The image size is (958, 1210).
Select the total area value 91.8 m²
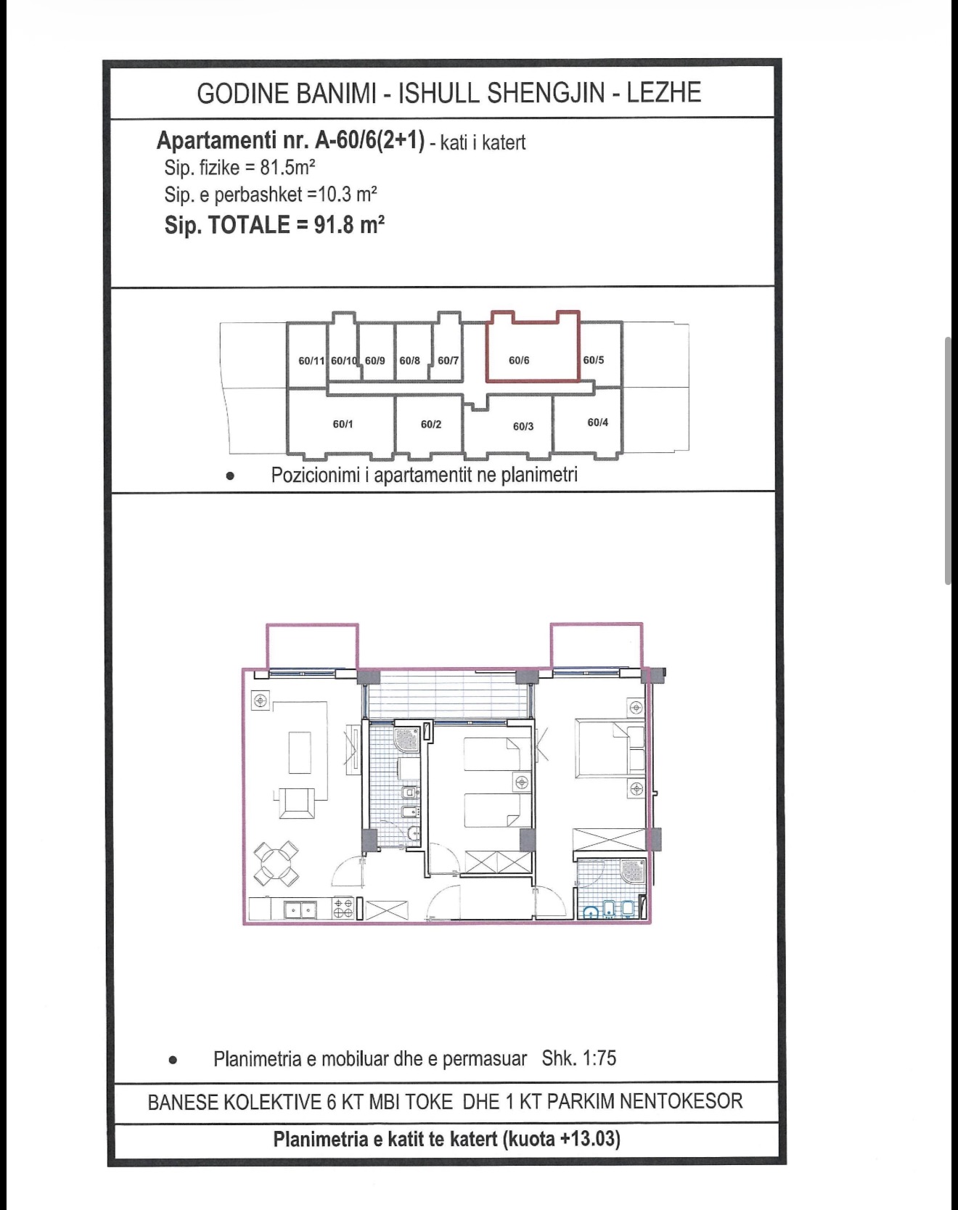coord(349,224)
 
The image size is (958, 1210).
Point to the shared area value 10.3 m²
coord(348,195)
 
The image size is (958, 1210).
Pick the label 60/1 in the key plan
coord(343,424)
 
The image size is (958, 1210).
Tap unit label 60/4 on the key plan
coord(598,422)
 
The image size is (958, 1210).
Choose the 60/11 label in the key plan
coord(311,361)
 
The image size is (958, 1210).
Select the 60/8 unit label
coord(409,361)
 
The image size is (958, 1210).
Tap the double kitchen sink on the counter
coord(300,909)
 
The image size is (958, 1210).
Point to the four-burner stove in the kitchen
coord(343,909)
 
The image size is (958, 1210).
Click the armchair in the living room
coord(296,801)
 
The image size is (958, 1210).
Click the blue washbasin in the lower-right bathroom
coord(591,912)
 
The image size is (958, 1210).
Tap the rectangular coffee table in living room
coord(300,753)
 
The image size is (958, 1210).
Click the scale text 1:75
coord(599,1058)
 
